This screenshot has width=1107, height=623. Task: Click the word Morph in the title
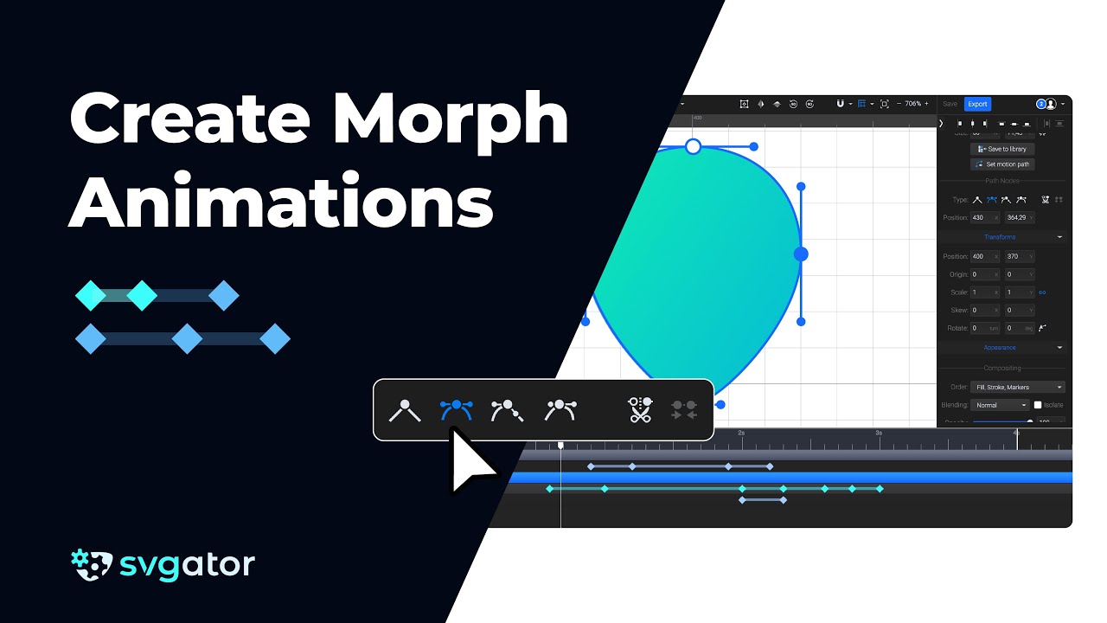(x=451, y=122)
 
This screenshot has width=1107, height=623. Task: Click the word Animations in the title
(x=282, y=204)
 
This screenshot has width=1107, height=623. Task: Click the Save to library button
(x=1002, y=149)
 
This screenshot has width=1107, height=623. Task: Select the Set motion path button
(x=1002, y=164)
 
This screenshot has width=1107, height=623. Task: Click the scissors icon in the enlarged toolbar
(x=640, y=410)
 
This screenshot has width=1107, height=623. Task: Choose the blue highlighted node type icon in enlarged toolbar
(x=456, y=409)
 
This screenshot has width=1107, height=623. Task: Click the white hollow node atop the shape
(x=693, y=146)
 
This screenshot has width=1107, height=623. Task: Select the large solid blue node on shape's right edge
(x=801, y=254)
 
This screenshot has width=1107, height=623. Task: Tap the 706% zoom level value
(x=912, y=104)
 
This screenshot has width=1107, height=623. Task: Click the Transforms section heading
(x=1000, y=237)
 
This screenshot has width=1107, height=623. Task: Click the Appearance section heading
(x=1000, y=348)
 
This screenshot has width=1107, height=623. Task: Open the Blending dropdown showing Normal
(x=1000, y=405)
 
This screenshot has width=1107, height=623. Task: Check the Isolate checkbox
(x=1038, y=405)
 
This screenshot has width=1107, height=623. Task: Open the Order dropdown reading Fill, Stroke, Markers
(x=1018, y=387)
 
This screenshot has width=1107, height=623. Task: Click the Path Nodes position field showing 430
(x=983, y=218)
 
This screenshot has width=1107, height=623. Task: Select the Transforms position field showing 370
(x=1018, y=256)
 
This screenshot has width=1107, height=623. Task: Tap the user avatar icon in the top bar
(x=1051, y=104)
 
